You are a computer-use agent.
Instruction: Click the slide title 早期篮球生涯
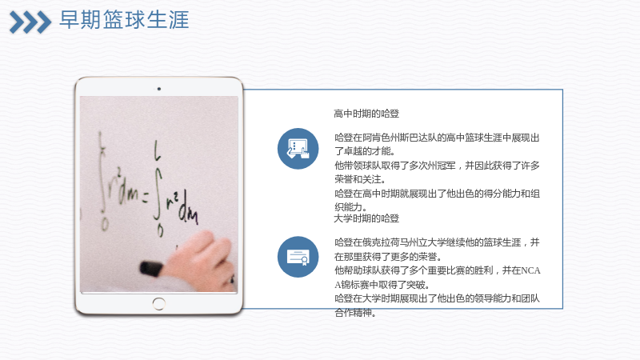coord(124,20)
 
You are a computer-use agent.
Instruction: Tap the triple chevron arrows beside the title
coord(30,22)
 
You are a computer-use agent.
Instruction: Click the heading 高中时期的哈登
coord(366,114)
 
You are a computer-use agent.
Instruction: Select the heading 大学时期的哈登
coord(366,218)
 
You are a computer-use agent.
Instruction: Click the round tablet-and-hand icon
coord(298,149)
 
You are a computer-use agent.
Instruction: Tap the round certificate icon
coord(298,257)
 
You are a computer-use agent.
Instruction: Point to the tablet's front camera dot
coord(158,89)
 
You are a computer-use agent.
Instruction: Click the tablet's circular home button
coord(158,304)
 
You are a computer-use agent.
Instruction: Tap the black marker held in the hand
coord(151,269)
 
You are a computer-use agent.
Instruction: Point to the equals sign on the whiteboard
coord(145,198)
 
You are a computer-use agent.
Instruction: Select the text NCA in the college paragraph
coord(530,270)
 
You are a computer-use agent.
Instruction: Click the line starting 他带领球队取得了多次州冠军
coord(437,166)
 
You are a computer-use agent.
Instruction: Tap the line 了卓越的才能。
coord(365,151)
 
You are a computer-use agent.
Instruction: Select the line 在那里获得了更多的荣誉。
coord(388,257)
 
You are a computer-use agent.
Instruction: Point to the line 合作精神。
coord(354,313)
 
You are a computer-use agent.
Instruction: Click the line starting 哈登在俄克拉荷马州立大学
coord(437,242)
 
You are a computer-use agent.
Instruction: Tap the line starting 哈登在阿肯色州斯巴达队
coord(437,138)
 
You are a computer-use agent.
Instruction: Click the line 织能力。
coord(350,207)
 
